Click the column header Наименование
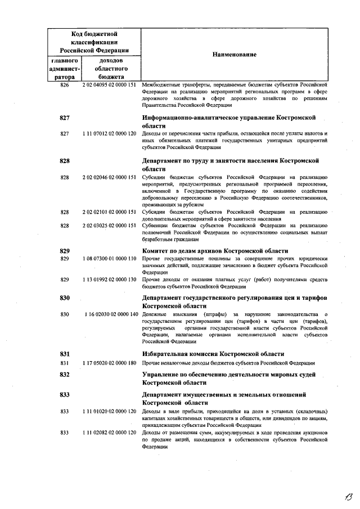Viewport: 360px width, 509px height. [234, 55]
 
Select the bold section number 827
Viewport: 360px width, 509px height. [64, 118]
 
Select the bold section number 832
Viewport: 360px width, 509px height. [64, 374]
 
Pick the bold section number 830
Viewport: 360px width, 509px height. [64, 298]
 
